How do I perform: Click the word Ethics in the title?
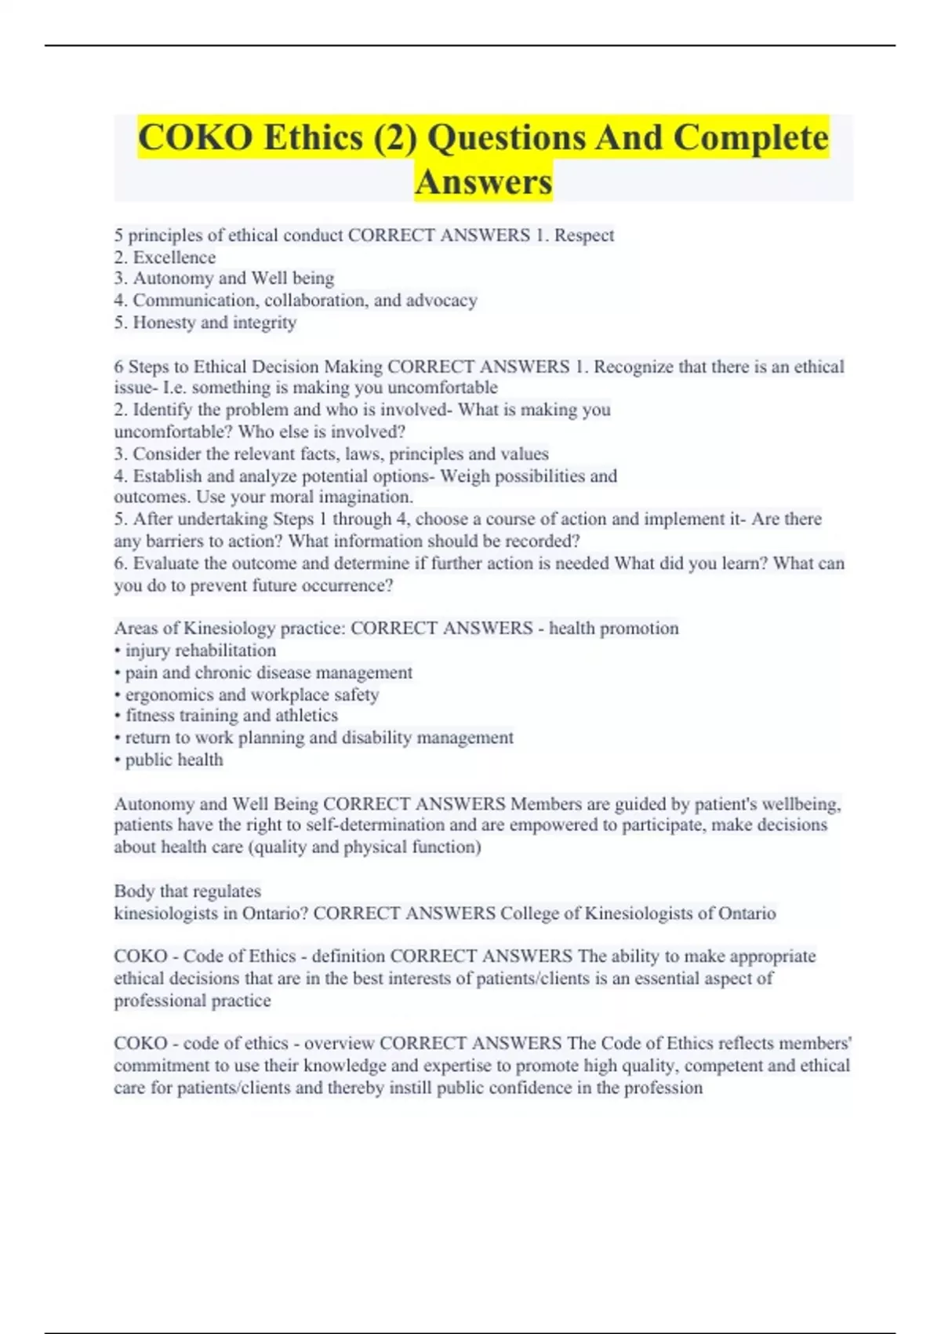(314, 138)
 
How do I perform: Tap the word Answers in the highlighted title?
(483, 182)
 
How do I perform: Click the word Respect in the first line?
(584, 235)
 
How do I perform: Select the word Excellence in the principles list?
(174, 257)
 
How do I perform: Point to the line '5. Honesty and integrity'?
(205, 323)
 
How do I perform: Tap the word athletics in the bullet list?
(307, 716)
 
